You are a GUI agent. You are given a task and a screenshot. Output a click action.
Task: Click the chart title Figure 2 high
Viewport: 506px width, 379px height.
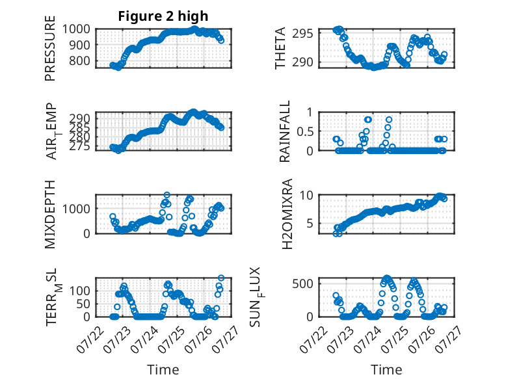[163, 16]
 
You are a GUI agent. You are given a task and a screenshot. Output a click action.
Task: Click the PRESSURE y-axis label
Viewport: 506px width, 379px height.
[50, 48]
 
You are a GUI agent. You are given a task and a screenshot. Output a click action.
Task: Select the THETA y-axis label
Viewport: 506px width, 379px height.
[280, 48]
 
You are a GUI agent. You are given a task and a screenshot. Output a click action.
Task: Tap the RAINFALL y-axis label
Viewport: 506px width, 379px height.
[285, 131]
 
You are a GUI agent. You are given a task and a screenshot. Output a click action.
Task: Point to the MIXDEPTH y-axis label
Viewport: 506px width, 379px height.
[50, 215]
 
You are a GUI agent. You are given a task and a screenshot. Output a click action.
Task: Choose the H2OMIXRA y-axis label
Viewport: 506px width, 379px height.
[287, 214]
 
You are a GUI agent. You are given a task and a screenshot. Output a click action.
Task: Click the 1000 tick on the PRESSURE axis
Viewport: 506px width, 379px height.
[76, 29]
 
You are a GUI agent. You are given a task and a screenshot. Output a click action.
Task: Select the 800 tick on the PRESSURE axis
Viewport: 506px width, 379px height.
[80, 60]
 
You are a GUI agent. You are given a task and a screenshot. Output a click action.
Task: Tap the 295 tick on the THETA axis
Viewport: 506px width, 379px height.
[303, 34]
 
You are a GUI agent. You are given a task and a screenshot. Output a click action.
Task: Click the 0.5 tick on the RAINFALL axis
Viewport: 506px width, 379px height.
[305, 131]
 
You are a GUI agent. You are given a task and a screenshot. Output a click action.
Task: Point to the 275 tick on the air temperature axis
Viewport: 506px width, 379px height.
[80, 146]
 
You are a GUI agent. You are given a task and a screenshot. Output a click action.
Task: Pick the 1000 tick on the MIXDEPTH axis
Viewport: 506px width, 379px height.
[76, 209]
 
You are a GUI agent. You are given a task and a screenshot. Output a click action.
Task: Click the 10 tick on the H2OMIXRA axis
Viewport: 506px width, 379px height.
[306, 195]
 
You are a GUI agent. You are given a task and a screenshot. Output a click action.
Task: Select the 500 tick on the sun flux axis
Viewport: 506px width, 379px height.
[303, 284]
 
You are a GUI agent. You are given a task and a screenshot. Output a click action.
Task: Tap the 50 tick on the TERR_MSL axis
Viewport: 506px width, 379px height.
[83, 304]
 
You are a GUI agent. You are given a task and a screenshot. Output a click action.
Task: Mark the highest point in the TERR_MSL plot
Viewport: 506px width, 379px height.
[221, 278]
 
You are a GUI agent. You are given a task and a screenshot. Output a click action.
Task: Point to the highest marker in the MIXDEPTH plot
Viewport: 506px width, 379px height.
[167, 195]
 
